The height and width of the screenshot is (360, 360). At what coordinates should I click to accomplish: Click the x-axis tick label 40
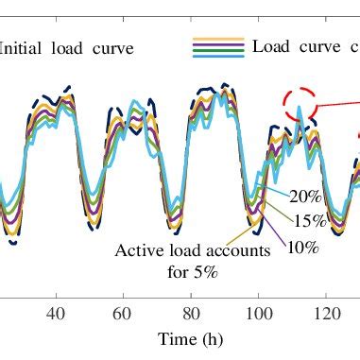pyautogui.click(x=55, y=312)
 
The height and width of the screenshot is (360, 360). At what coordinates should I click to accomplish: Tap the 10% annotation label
pyautogui.click(x=301, y=248)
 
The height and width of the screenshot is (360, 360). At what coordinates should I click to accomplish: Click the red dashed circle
pyautogui.click(x=300, y=105)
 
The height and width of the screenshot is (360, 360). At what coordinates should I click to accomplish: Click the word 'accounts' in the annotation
pyautogui.click(x=240, y=251)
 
